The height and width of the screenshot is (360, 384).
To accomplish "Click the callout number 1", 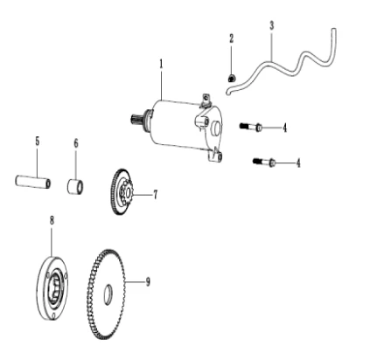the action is [161, 64].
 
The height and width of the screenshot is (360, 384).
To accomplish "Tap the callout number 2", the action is [232, 38].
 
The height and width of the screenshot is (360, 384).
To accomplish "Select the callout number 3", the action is [272, 25].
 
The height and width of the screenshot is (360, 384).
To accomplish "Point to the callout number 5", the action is [38, 142].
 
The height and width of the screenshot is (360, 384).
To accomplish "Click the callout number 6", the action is [76, 143].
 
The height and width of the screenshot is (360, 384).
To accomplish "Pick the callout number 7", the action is [156, 194].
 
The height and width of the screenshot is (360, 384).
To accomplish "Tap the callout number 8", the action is [52, 220].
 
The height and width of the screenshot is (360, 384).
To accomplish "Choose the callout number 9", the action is [148, 281].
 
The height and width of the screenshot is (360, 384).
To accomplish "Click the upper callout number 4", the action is [284, 128].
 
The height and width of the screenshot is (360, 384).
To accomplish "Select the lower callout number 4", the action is [298, 163].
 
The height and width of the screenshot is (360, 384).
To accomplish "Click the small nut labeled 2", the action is [232, 78].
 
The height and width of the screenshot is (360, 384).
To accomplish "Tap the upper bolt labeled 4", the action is [251, 127].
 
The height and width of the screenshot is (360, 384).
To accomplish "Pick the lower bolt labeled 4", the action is [264, 162].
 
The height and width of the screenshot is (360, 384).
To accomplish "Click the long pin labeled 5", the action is [33, 182].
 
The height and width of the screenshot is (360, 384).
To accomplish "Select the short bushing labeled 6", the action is [75, 186].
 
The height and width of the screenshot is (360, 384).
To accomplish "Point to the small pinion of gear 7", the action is [127, 191].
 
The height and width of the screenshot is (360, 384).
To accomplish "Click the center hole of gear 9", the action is [108, 294].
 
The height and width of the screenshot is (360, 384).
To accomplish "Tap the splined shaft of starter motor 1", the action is [136, 119].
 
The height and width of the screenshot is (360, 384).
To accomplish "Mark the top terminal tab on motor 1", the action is [206, 99].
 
